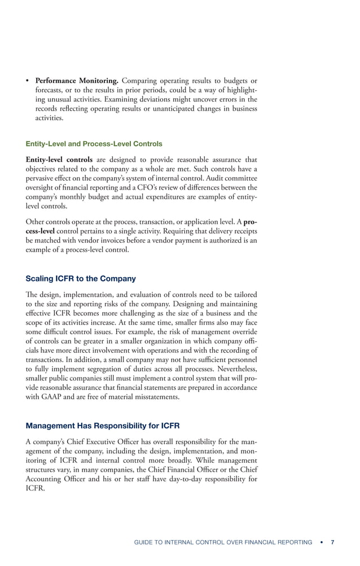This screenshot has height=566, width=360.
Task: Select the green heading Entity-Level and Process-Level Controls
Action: [x=94, y=144]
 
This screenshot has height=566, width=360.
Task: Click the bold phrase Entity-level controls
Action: [x=59, y=160]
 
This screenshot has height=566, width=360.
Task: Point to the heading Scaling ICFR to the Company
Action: [x=80, y=279]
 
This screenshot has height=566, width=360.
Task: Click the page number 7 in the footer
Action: [x=332, y=542]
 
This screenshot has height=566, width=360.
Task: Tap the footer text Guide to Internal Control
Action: [x=223, y=542]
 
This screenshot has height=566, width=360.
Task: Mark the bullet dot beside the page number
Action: [x=321, y=542]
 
